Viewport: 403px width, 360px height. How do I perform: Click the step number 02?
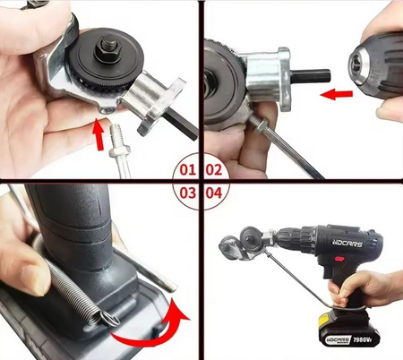point(214,167)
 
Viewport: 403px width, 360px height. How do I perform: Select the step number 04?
point(214,192)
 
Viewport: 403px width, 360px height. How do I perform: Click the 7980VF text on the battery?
point(363,338)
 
